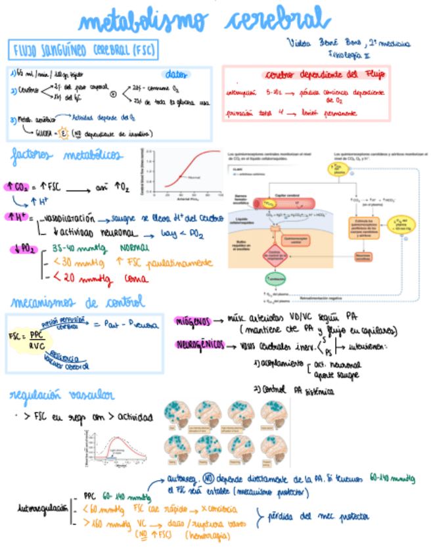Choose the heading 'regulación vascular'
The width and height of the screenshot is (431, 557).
pyautogui.click(x=62, y=395)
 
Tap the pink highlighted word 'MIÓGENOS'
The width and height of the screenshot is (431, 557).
pyautogui.click(x=193, y=321)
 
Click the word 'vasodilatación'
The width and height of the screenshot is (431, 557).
pyautogui.click(x=69, y=217)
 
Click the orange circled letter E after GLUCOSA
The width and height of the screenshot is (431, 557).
pyautogui.click(x=64, y=131)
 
